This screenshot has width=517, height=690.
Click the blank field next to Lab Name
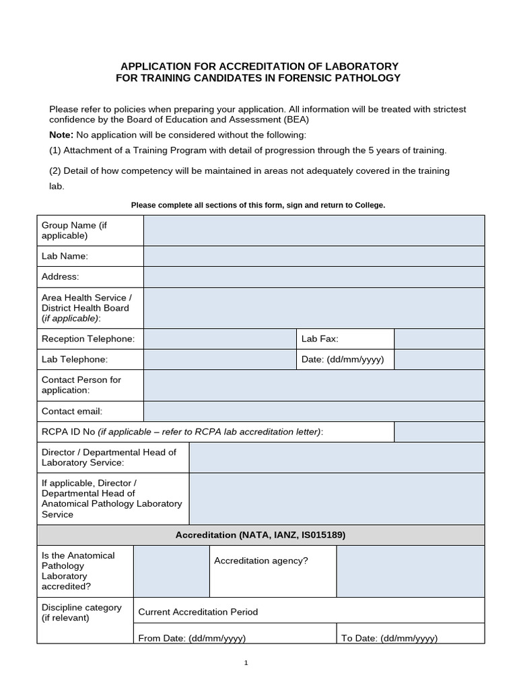click(314, 256)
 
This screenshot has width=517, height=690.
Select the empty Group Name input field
click(314, 230)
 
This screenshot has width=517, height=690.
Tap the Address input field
click(314, 276)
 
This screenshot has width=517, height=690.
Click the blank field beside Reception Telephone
click(219, 339)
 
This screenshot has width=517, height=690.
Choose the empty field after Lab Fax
click(439, 339)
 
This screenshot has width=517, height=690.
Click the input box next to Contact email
click(314, 411)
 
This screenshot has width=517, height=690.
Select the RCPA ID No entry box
click(439, 432)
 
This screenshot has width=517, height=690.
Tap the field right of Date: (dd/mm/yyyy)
click(439, 359)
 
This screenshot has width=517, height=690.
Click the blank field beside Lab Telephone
click(219, 359)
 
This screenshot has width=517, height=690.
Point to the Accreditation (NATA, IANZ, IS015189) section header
click(261, 535)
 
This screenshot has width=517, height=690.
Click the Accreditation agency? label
click(261, 561)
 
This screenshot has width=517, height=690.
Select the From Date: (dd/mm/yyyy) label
click(192, 638)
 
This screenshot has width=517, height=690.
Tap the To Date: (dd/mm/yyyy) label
click(389, 638)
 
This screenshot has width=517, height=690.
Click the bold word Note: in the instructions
click(61, 135)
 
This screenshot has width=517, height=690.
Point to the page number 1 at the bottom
click(246, 663)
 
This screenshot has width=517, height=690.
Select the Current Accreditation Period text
click(198, 612)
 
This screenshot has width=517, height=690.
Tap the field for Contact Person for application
click(314, 385)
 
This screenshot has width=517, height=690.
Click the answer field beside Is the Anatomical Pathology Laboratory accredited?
click(171, 571)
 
